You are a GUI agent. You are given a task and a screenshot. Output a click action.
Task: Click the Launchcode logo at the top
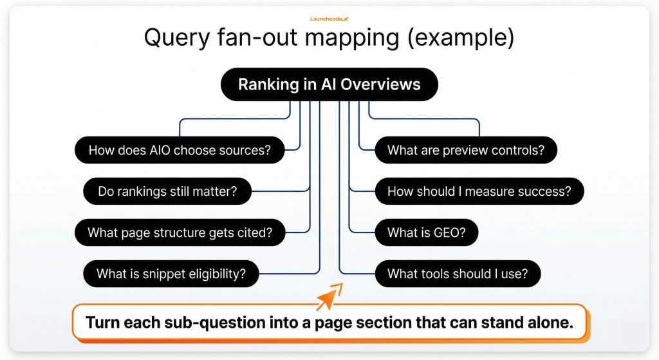pos(329,19)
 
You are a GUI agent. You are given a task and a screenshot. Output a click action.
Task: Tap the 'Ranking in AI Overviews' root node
pos(329,84)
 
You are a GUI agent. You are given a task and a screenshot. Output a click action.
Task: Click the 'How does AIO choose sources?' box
pos(179,151)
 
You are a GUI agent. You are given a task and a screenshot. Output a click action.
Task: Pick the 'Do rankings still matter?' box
pos(167,191)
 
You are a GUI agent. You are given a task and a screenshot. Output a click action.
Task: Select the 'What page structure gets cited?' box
pos(180,232)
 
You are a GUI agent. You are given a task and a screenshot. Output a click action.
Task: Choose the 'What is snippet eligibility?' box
pos(171,274)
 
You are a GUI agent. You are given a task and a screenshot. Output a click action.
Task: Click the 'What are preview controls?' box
pos(465,151)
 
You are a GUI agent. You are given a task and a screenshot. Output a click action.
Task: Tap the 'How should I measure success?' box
pos(479,191)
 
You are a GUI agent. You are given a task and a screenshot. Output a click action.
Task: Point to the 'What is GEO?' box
pos(427,232)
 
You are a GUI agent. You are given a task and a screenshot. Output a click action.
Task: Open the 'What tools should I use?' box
pos(458,274)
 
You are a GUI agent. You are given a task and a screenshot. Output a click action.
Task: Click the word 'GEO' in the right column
pos(449,232)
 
